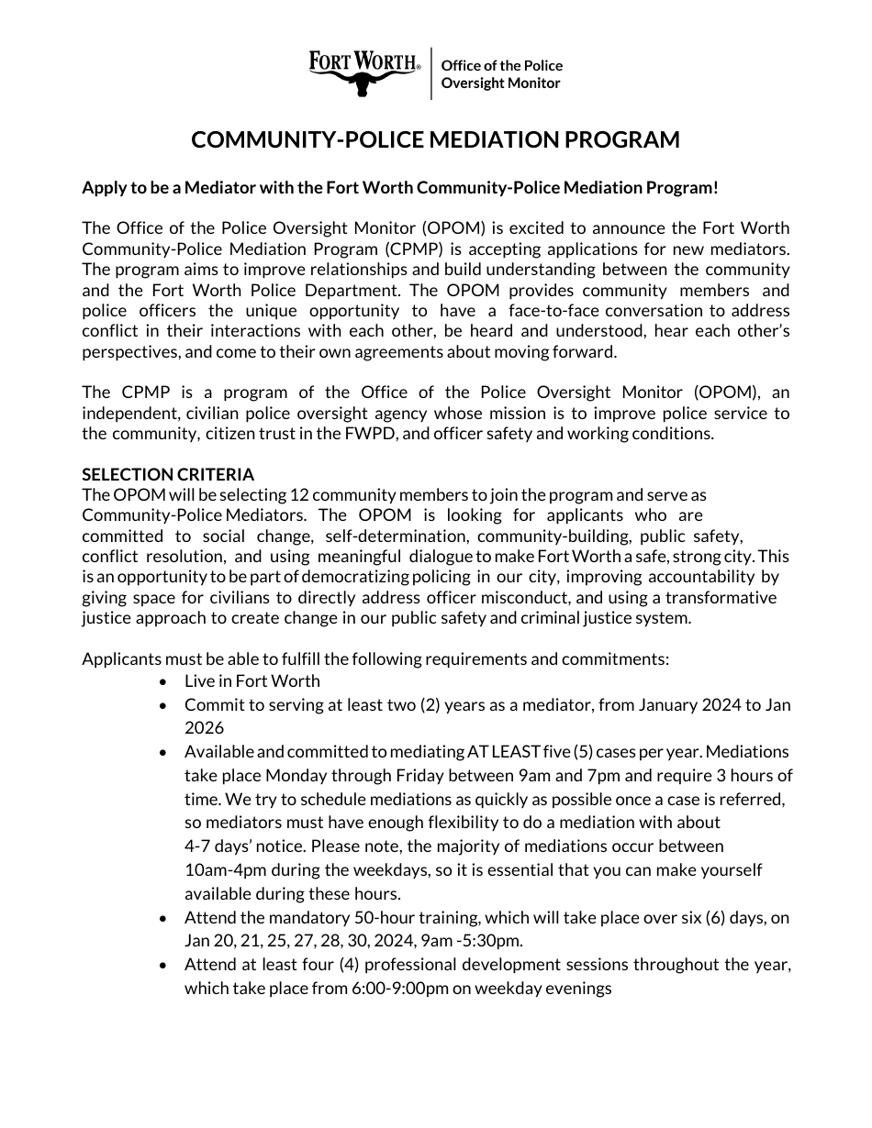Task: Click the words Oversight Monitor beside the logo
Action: (x=500, y=83)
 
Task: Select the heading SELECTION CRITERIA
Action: (x=168, y=474)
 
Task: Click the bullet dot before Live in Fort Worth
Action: (x=163, y=681)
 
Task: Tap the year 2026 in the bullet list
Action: (x=204, y=727)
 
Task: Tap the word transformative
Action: (x=721, y=597)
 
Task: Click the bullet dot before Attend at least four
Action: (x=163, y=966)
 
